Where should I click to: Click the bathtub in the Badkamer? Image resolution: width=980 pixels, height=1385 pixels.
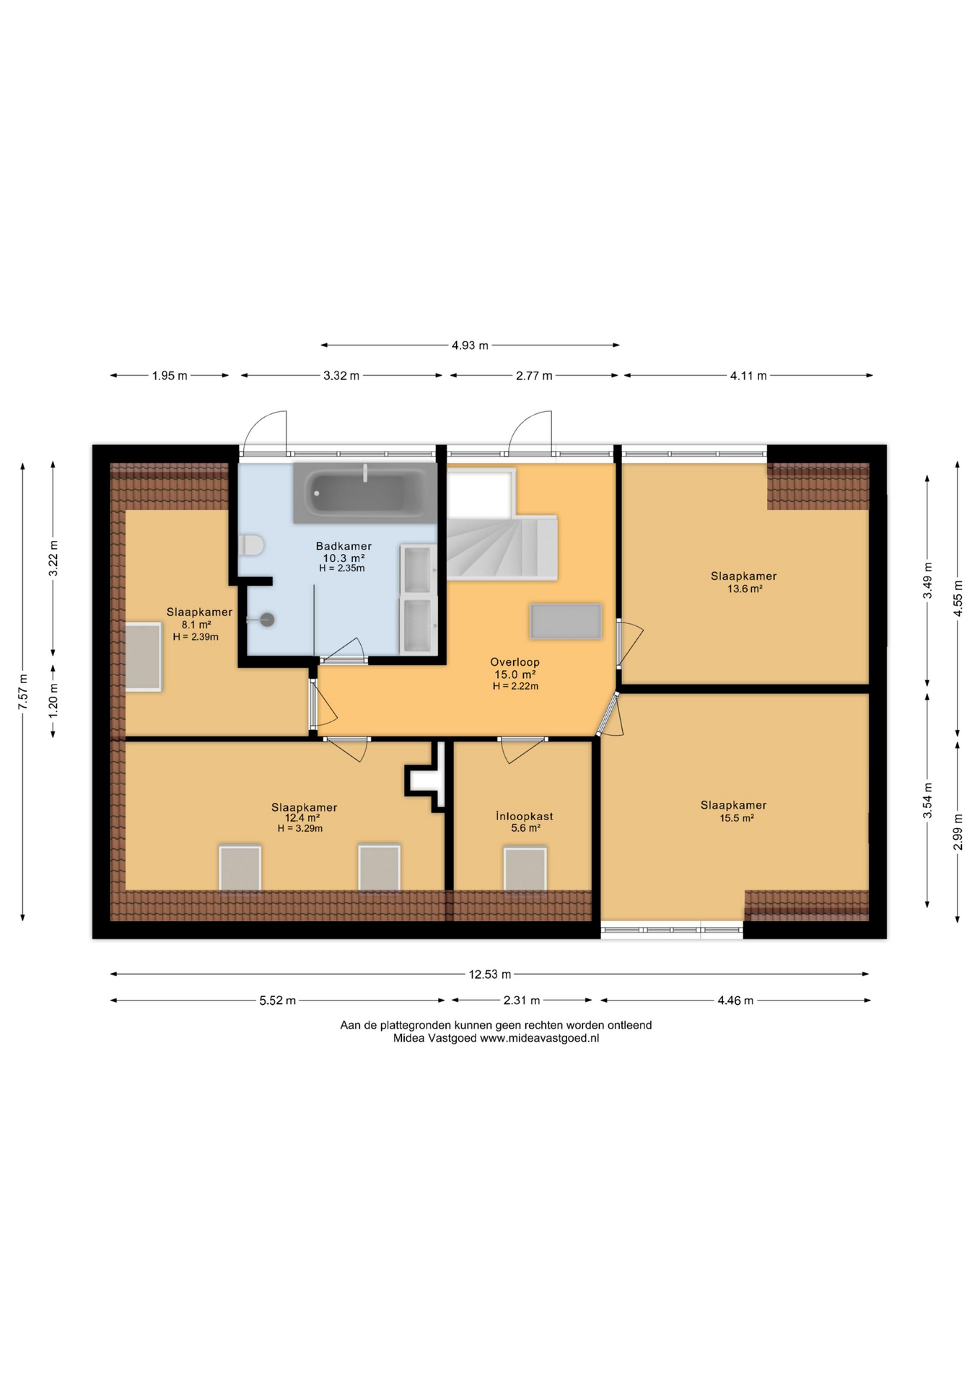(365, 493)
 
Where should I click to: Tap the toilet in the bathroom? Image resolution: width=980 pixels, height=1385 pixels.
(251, 545)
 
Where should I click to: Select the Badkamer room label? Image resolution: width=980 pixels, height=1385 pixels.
(344, 546)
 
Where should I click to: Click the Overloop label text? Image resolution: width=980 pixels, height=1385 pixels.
(515, 661)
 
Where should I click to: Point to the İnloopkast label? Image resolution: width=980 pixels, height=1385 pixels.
(525, 816)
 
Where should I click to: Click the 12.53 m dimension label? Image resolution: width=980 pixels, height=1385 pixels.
(490, 975)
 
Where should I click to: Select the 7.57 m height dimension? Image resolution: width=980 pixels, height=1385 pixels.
(23, 691)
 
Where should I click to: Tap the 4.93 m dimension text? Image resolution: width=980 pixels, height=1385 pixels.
(470, 346)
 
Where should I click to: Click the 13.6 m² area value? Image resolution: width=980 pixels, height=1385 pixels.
(745, 589)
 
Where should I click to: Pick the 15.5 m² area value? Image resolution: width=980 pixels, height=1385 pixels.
(736, 818)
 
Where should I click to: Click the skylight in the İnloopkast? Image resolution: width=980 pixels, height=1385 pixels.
(525, 869)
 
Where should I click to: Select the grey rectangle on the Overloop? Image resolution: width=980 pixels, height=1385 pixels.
(566, 621)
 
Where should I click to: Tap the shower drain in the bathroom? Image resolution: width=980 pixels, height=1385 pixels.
(267, 619)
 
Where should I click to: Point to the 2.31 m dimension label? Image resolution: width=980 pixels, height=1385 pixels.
(521, 1001)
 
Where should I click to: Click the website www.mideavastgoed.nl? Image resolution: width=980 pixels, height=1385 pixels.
(540, 1038)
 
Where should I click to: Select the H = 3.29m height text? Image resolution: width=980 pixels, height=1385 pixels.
(300, 828)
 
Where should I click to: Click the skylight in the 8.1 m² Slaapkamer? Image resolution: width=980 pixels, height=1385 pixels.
(144, 657)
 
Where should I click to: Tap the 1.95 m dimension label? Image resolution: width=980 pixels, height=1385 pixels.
(170, 376)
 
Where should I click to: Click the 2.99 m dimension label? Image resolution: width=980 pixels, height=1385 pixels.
(958, 832)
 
